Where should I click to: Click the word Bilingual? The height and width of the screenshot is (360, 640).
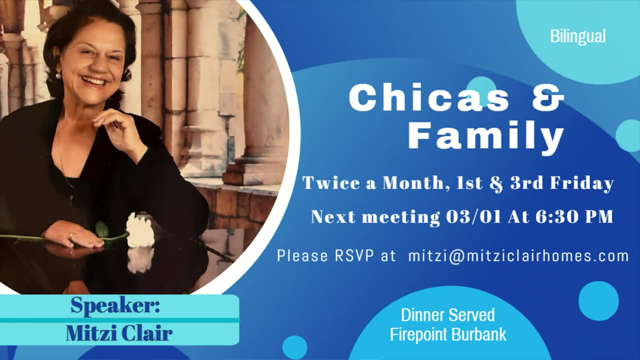(577, 37)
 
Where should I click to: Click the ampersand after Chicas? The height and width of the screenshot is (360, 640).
(548, 97)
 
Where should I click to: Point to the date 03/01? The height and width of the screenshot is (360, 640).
(473, 216)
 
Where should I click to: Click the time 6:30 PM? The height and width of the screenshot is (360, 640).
(574, 216)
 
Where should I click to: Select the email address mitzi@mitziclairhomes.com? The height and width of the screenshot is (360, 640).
(518, 256)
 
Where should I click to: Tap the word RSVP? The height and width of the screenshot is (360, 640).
(354, 255)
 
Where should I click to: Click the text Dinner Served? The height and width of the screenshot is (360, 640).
(447, 315)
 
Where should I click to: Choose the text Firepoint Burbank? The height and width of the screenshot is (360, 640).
(448, 334)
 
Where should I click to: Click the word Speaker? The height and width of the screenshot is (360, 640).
(115, 305)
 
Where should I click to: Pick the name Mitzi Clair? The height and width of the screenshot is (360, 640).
(119, 333)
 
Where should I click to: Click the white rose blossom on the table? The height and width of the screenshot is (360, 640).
(140, 230)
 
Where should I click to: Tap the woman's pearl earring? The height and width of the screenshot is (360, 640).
(58, 75)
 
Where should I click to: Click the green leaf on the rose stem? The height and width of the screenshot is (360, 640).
(101, 229)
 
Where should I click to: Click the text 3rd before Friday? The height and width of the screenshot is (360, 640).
(526, 183)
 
